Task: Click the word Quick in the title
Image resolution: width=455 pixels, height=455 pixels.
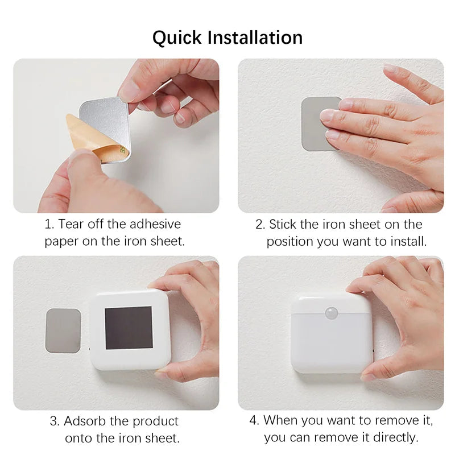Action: point(177,38)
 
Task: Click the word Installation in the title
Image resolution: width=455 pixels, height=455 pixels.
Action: point(255,38)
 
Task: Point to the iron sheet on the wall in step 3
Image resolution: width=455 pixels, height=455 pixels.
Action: point(63,330)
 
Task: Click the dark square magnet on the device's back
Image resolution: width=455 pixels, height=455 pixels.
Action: point(129,328)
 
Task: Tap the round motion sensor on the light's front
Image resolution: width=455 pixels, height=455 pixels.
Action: point(331,312)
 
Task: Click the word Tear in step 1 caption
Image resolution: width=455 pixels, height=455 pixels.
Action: point(71,224)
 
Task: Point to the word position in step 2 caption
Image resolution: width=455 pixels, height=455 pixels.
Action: point(289,241)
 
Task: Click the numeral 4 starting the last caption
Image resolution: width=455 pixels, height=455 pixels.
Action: point(253,421)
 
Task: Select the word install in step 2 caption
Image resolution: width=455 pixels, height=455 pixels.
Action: point(407,241)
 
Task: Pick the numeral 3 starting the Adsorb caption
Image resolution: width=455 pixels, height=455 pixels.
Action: point(53,421)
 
